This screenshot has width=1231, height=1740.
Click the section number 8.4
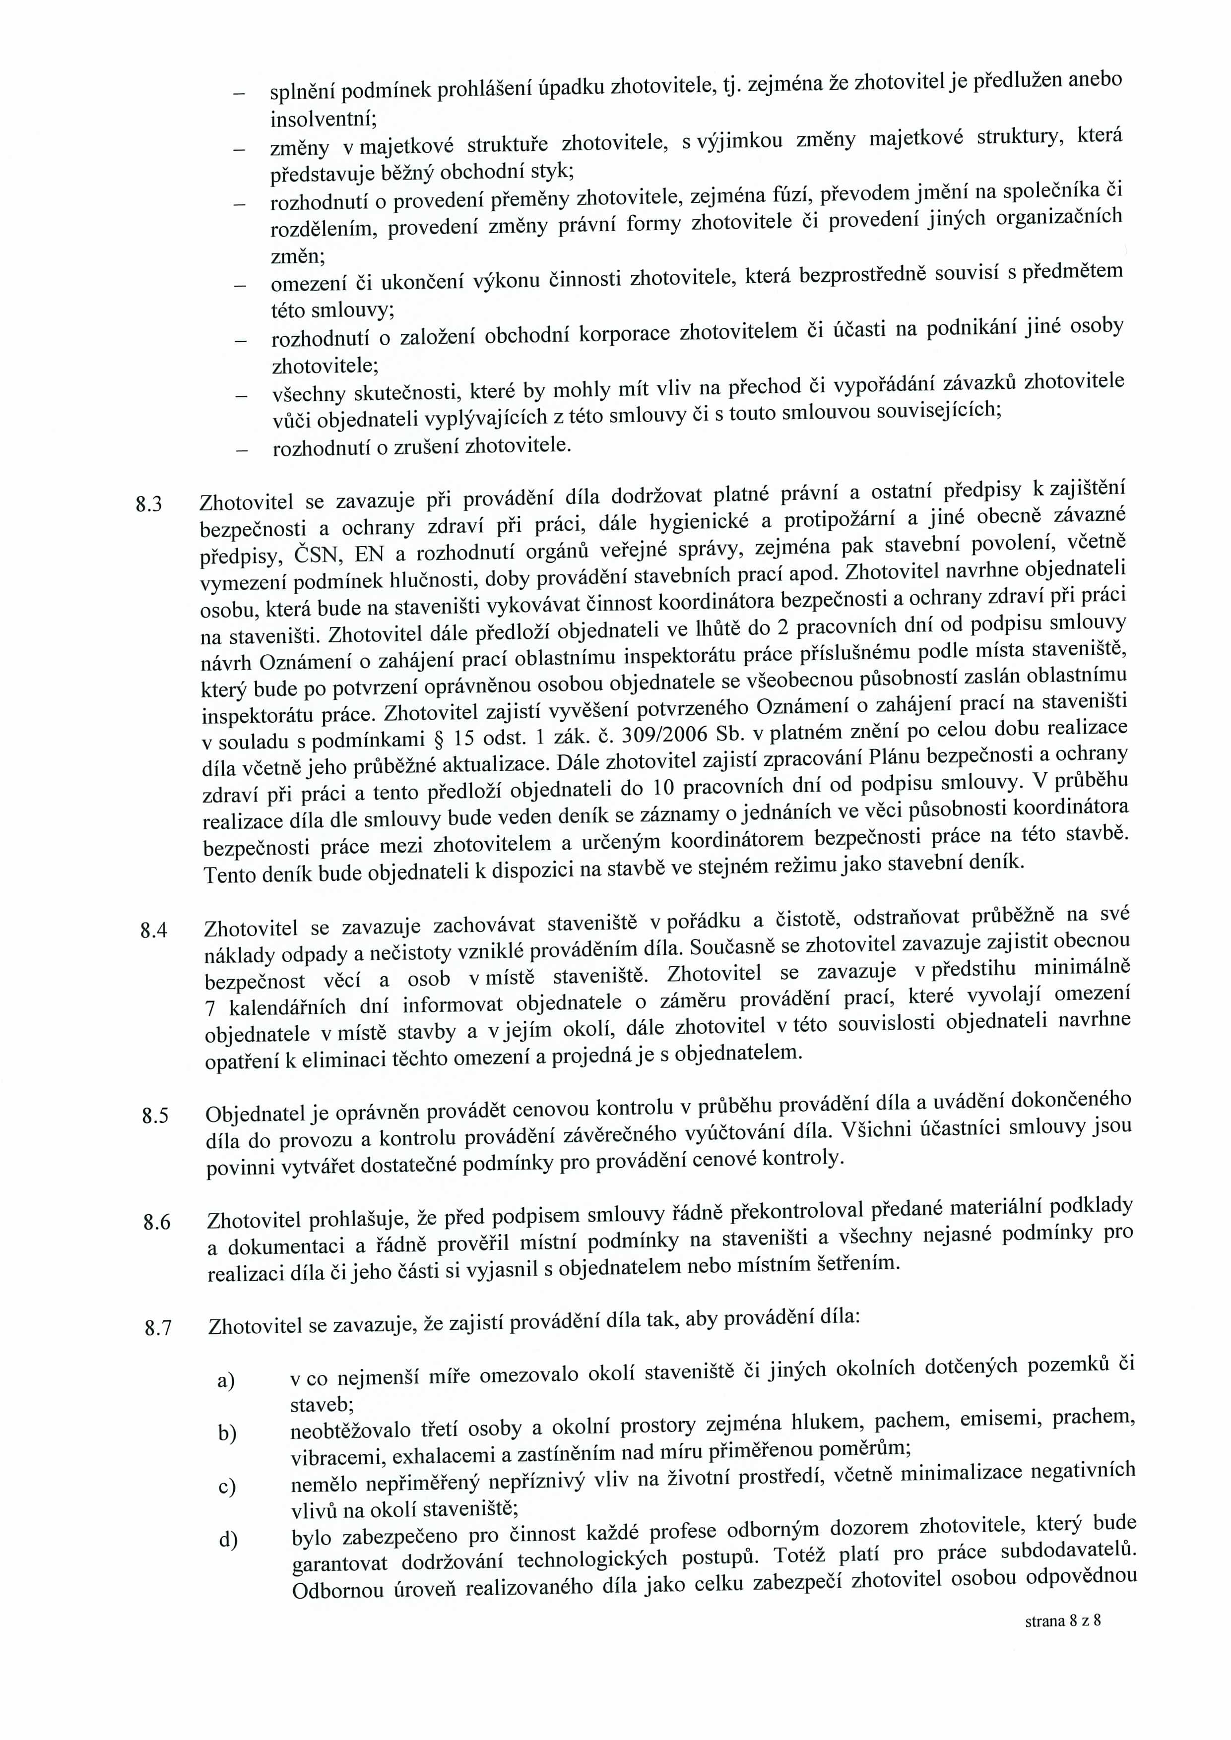[x=153, y=931]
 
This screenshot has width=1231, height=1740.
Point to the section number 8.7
[x=158, y=1328]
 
